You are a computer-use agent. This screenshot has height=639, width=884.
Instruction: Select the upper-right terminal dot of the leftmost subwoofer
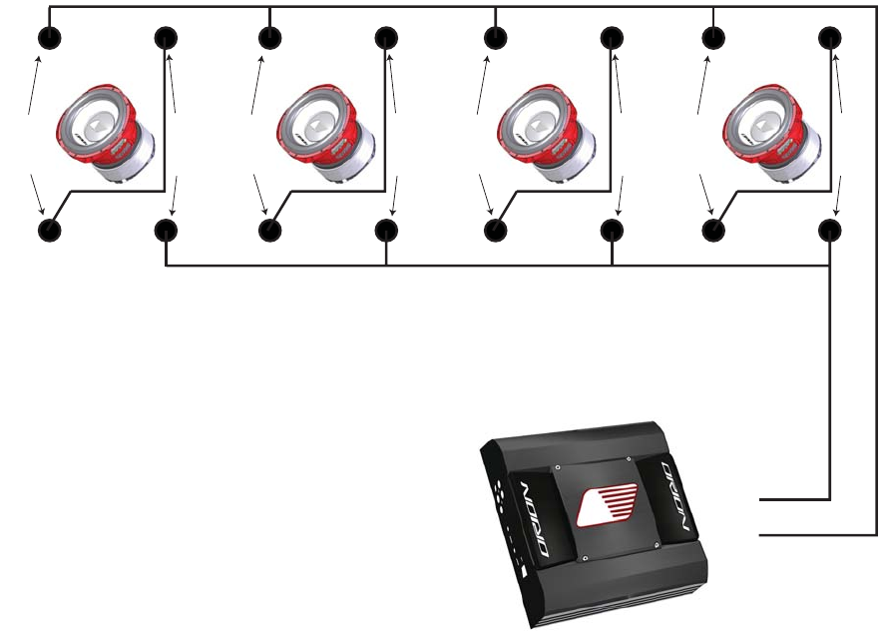(x=166, y=39)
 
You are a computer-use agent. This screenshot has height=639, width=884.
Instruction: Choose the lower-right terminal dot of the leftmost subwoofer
(x=166, y=231)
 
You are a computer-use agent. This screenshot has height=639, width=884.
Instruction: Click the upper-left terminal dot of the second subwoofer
(x=270, y=39)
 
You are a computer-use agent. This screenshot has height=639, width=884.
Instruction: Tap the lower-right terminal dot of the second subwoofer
(x=387, y=231)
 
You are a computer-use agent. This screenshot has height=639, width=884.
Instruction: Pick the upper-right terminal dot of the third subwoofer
(x=612, y=39)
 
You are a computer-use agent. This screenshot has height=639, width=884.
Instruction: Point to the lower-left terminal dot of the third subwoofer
(x=496, y=231)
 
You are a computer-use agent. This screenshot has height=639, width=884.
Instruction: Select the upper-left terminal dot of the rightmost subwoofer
(x=714, y=39)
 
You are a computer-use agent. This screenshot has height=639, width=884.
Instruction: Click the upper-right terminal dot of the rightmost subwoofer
(x=830, y=39)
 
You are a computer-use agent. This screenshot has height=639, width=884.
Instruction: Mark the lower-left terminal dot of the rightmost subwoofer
(x=714, y=231)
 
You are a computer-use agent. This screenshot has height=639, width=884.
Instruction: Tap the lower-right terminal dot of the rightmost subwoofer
(x=830, y=231)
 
